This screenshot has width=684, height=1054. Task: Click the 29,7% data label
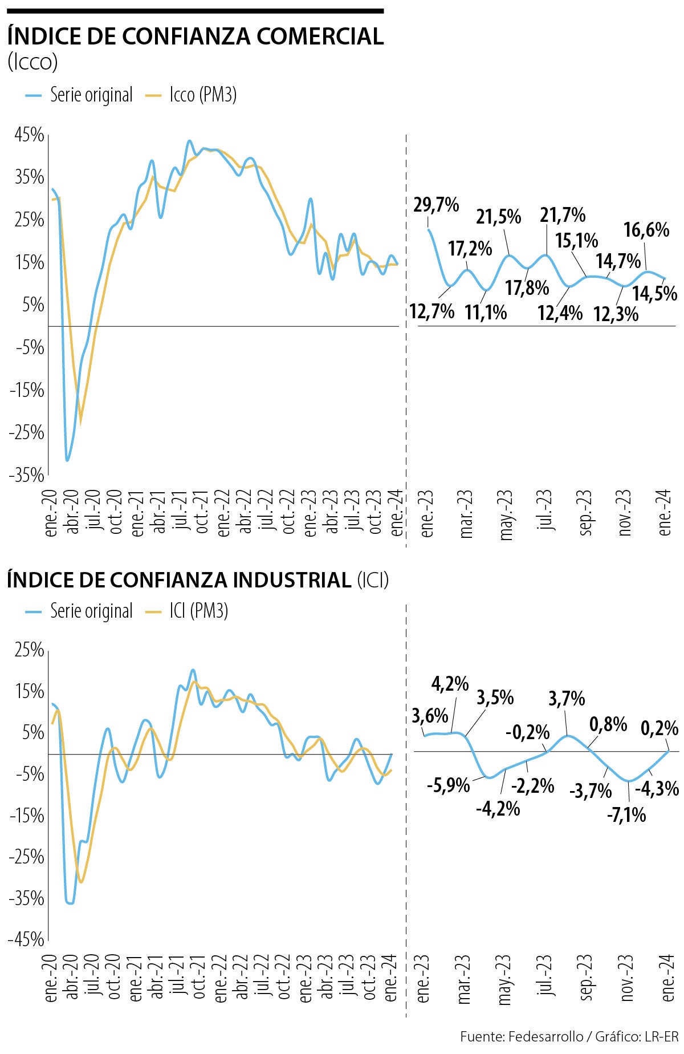point(436,205)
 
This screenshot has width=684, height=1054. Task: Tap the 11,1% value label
point(486,312)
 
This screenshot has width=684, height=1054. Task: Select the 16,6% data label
point(646,230)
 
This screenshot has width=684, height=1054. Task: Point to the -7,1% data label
point(626,815)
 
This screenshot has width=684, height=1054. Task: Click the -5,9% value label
point(449,785)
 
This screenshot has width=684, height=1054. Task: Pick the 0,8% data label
point(608,724)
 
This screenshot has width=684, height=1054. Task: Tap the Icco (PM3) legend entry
point(202,95)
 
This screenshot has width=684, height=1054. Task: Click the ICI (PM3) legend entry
point(198,611)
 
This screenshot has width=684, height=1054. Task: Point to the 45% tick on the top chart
point(29,135)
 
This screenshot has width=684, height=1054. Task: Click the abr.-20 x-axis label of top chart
point(72,512)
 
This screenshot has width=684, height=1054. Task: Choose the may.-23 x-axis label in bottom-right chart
point(505,980)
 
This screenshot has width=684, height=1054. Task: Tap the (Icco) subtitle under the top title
point(32,62)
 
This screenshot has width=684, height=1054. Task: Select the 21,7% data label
point(563,215)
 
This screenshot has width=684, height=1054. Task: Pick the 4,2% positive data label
point(450,683)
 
